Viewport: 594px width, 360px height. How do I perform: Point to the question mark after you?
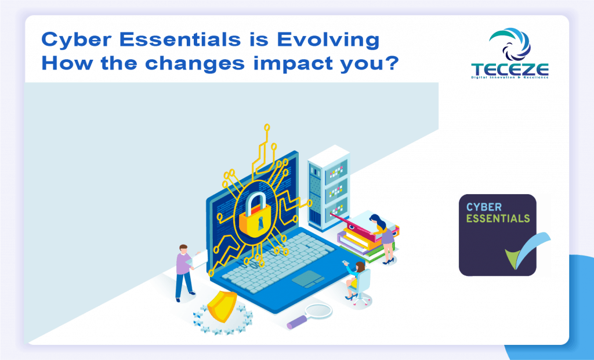tap(392, 61)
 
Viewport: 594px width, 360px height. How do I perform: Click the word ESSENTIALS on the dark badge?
tap(498, 219)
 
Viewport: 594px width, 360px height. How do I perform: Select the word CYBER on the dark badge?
tap(484, 207)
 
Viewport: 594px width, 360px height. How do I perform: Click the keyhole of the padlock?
tap(260, 223)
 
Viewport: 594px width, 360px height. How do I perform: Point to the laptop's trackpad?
tap(308, 279)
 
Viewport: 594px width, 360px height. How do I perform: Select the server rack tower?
tap(328, 188)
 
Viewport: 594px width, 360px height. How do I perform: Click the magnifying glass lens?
tap(318, 311)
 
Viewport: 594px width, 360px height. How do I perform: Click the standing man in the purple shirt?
tap(185, 272)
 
